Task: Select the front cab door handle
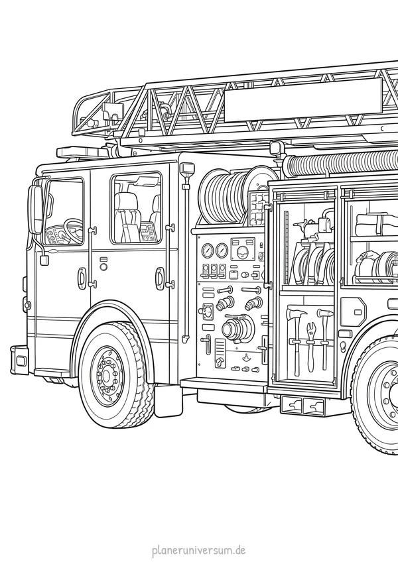tap(82, 277)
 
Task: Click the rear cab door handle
tap(159, 277)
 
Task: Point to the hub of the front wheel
tap(107, 375)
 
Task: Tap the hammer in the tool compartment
tap(325, 337)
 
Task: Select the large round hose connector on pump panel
tap(233, 328)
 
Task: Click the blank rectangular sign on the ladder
tap(302, 100)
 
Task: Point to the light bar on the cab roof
tap(83, 152)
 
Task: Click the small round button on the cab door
tap(103, 266)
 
